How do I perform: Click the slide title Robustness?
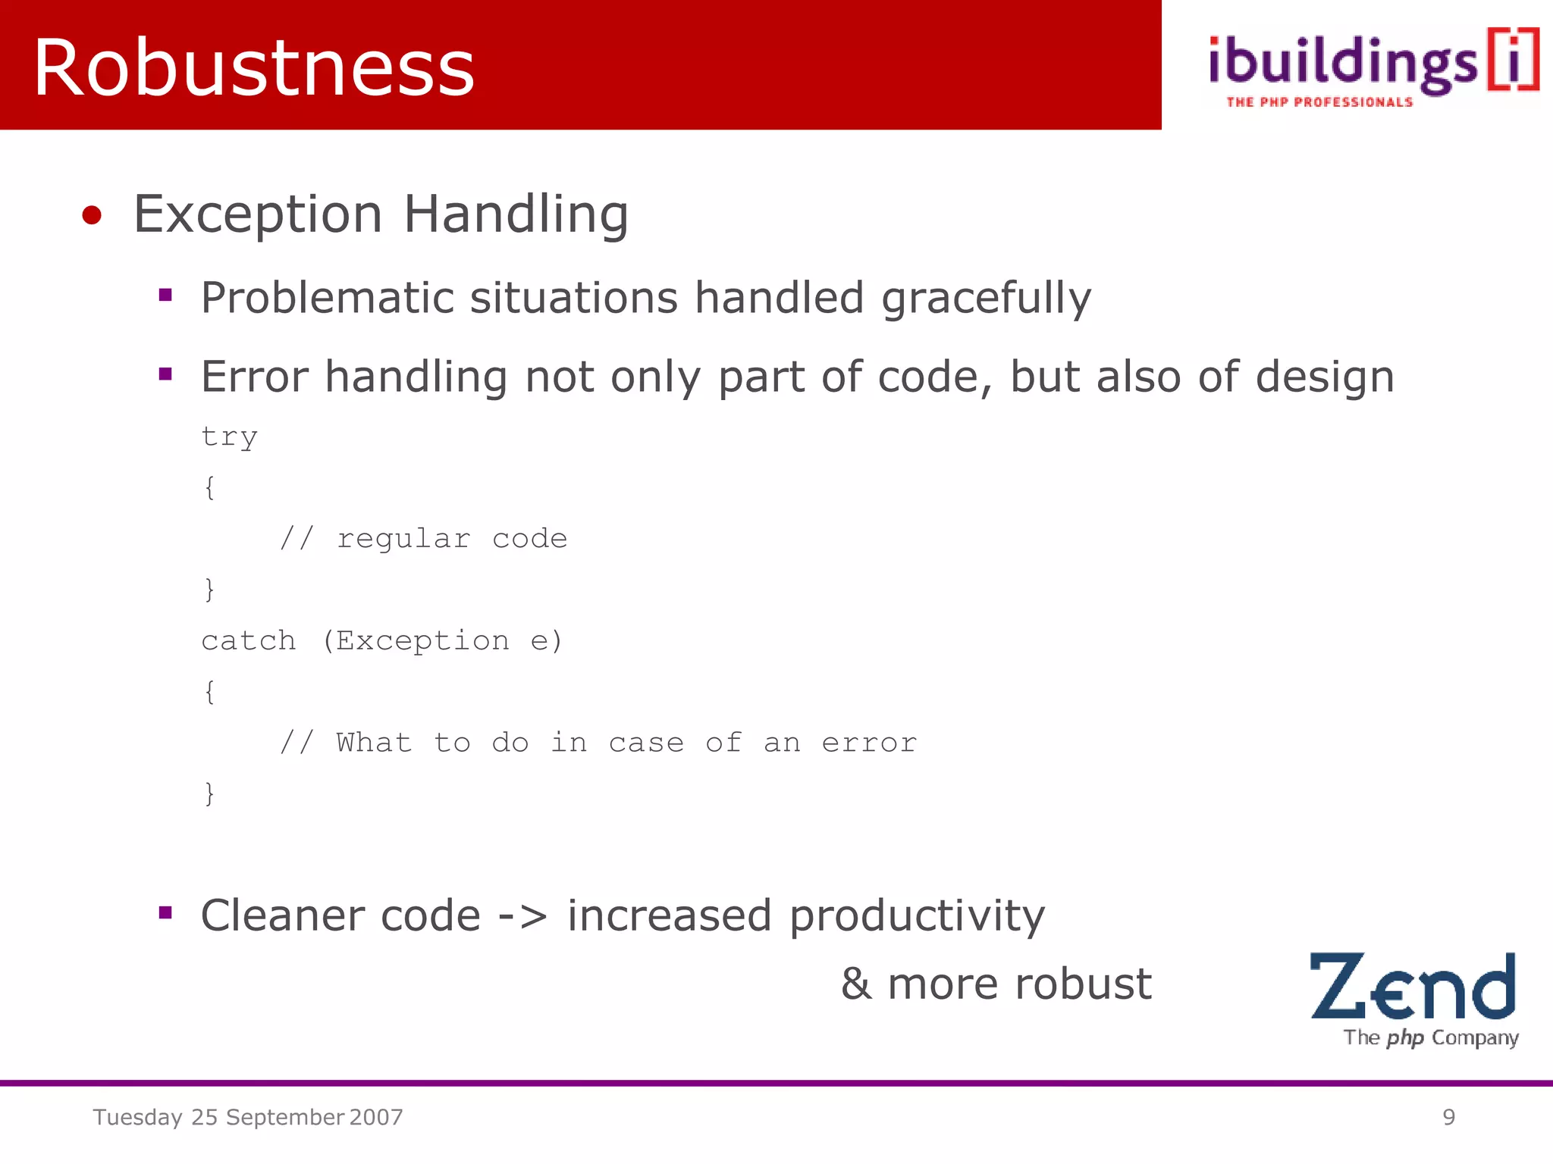coord(254,68)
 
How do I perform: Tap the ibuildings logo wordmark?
coord(1342,64)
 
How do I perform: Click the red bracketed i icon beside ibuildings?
coord(1513,59)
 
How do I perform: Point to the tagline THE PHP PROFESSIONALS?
coord(1319,102)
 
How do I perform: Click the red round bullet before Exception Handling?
coord(92,215)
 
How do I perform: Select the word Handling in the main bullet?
coord(516,214)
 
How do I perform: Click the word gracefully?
coord(986,298)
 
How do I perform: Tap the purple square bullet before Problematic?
coord(165,296)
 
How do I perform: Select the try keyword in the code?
coord(229,437)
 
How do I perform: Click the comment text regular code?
coord(452,539)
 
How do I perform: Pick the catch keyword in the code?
coord(249,641)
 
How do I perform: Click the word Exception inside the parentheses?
coord(422,641)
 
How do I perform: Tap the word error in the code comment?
coord(869,743)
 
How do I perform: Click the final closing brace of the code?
coord(210,793)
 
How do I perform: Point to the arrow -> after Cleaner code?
coord(522,916)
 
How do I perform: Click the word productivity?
coord(917,916)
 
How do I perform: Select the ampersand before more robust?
coord(856,984)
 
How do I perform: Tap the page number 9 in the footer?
coord(1448,1117)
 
